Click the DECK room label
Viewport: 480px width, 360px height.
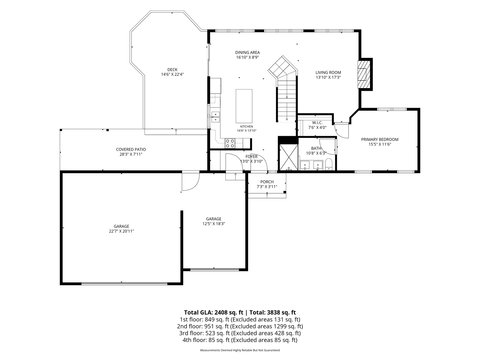click(x=172, y=70)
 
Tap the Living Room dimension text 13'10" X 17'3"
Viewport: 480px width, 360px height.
click(x=328, y=77)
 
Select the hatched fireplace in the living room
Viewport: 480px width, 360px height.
click(x=362, y=74)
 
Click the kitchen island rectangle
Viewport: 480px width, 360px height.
click(x=244, y=106)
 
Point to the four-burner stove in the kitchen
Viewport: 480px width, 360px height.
click(x=230, y=143)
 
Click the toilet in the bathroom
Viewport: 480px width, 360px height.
click(x=329, y=165)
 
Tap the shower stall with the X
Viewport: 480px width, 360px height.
click(x=288, y=157)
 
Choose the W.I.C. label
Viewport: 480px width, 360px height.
click(x=317, y=123)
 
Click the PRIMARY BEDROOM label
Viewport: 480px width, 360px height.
click(x=380, y=139)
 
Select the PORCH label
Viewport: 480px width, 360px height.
click(x=267, y=182)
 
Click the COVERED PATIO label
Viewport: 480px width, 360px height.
click(x=131, y=150)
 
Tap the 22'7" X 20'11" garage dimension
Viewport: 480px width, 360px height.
click(x=122, y=231)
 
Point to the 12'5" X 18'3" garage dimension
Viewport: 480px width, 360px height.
click(x=214, y=224)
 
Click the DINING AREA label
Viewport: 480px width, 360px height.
click(x=248, y=53)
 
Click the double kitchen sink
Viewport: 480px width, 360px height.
click(x=216, y=117)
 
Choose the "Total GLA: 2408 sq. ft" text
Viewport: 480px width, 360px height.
click(x=214, y=312)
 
